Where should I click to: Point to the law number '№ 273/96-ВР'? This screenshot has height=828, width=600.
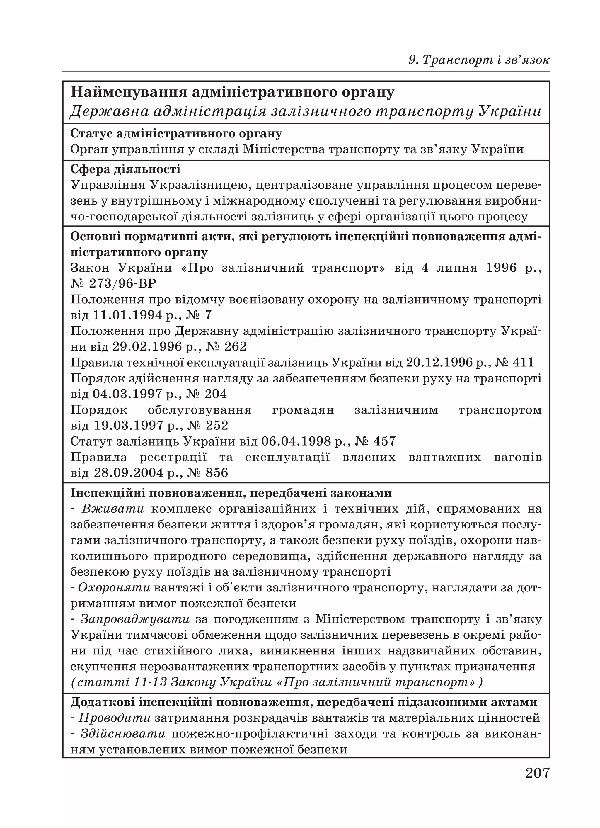113,284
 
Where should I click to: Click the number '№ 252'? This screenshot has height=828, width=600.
208,425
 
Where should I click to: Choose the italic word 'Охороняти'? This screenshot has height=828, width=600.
114,588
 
